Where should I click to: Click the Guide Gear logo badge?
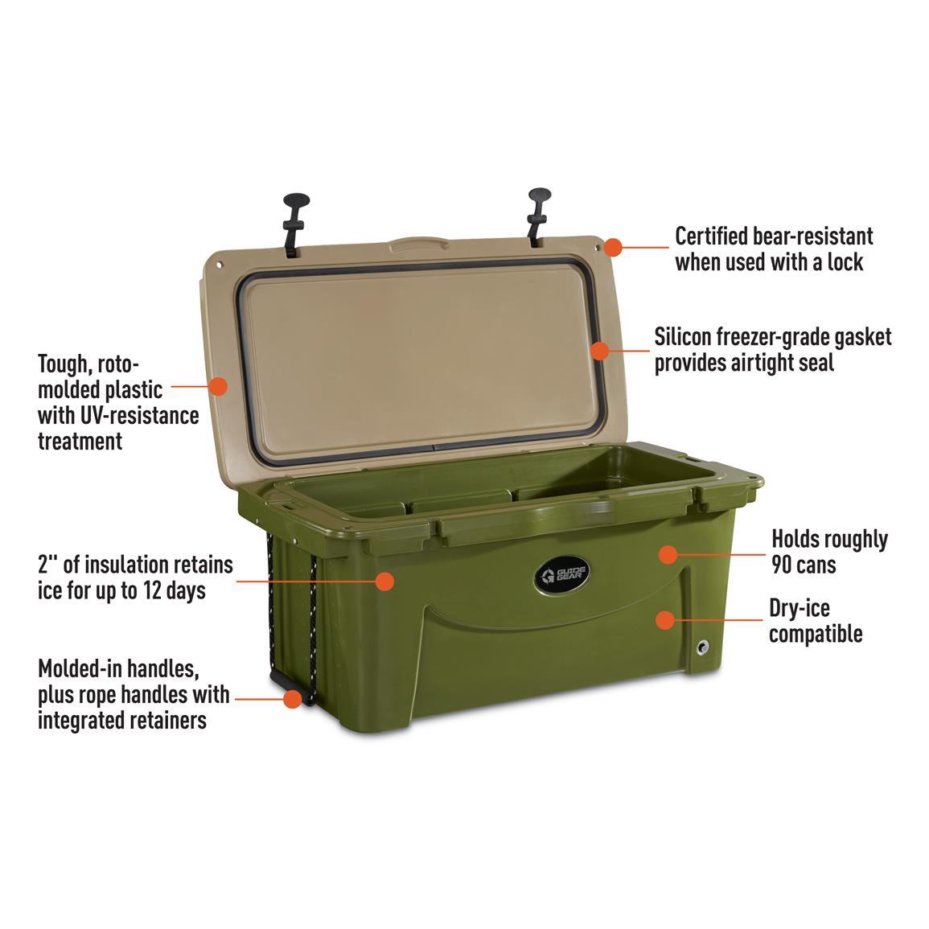click(561, 575)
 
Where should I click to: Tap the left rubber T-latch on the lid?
click(294, 224)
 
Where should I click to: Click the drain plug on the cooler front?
click(703, 647)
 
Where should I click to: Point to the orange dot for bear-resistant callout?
click(613, 247)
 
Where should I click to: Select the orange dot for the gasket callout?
click(599, 350)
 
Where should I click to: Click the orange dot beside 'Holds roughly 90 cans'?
click(668, 554)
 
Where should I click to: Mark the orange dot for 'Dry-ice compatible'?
click(665, 619)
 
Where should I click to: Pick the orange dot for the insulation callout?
click(384, 581)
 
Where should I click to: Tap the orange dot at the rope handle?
click(292, 698)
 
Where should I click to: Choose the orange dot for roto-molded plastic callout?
click(218, 386)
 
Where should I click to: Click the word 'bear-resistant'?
click(813, 236)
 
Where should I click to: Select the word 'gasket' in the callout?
click(862, 337)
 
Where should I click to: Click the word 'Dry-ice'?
click(800, 608)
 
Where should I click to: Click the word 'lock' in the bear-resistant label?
click(845, 262)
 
